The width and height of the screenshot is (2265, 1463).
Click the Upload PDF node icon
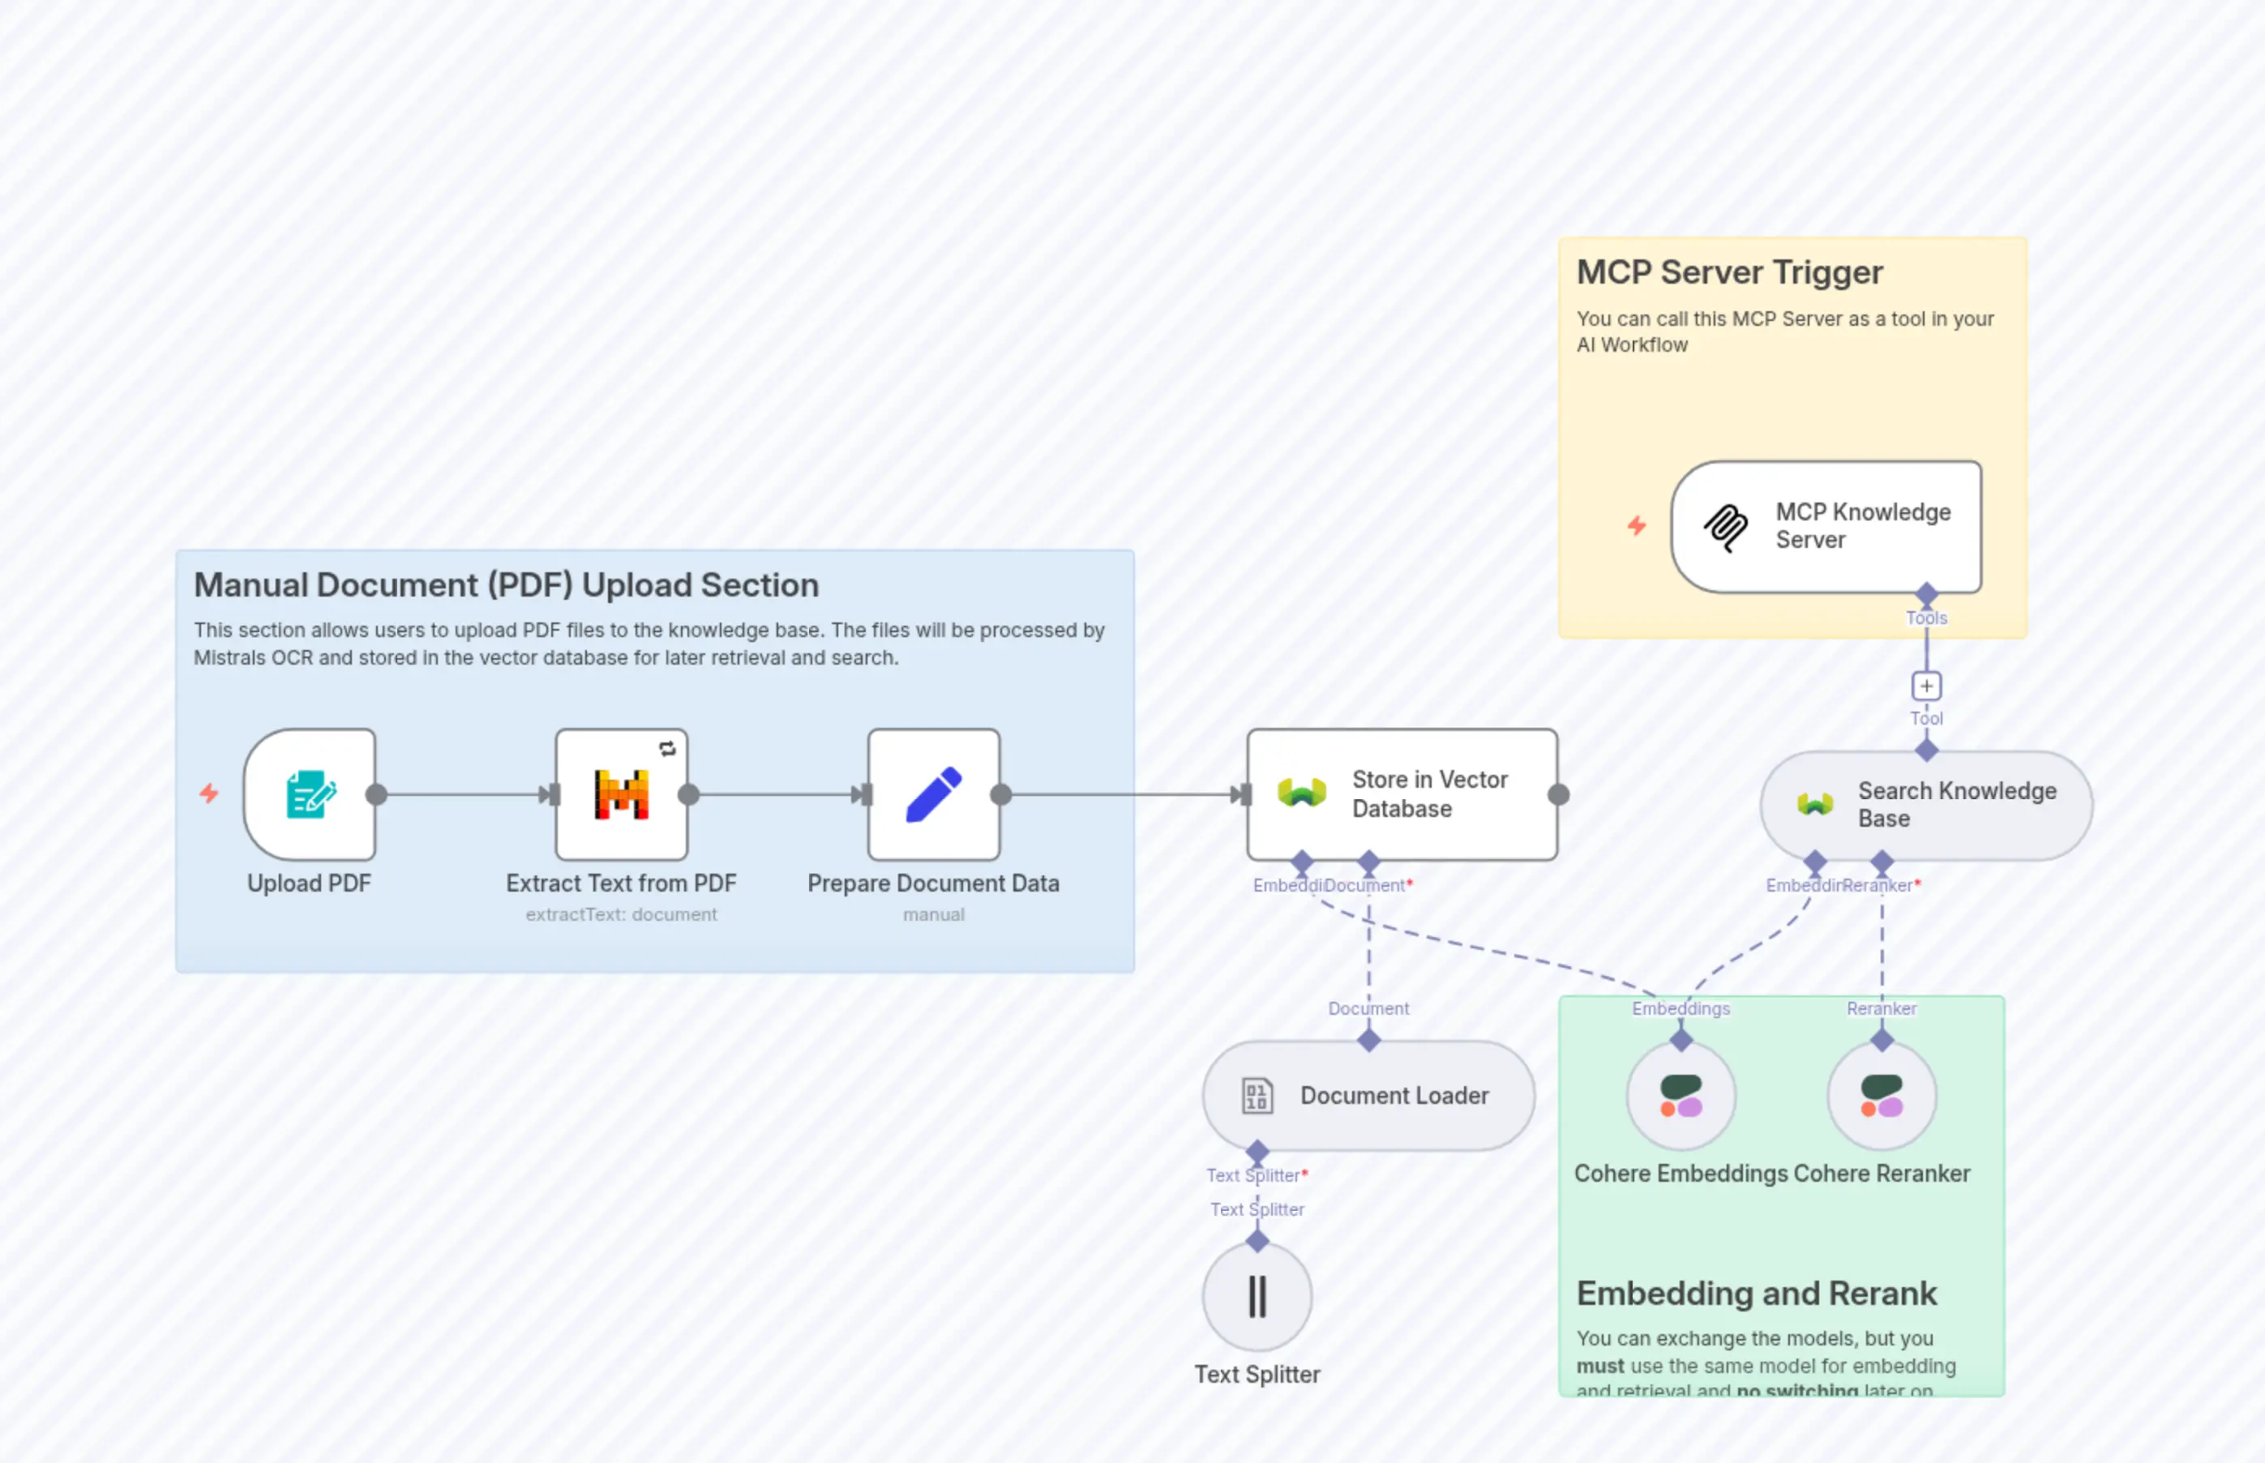pos(310,794)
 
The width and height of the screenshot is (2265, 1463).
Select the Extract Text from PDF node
pos(621,794)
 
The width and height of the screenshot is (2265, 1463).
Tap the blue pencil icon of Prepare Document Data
pos(934,794)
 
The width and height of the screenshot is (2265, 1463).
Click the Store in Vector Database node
pos(1402,794)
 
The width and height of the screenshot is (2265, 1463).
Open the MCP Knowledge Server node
pos(1826,526)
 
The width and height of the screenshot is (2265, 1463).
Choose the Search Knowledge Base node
pos(1927,805)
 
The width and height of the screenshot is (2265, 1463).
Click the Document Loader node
pos(1368,1095)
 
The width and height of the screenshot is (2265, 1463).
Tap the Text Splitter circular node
pos(1257,1296)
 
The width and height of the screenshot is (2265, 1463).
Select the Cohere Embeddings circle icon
pos(1681,1095)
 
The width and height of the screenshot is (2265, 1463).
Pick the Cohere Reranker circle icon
pos(1882,1095)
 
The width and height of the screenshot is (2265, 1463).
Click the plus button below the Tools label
pos(1926,686)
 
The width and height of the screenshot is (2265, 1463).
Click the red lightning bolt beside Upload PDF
pos(209,794)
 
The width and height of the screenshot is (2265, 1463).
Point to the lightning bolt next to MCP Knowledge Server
pos(1636,525)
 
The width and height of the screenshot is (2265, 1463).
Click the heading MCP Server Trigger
pos(1729,272)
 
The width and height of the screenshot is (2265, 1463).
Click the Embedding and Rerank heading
pos(1756,1294)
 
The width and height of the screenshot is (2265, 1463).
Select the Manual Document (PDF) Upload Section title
pos(505,585)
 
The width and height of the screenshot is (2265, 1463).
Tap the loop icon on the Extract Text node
pos(668,749)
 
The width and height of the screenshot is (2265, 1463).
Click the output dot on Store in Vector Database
pos(1558,795)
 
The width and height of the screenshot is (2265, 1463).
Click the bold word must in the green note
pos(1600,1366)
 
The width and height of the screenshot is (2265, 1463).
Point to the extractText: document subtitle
pos(621,914)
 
